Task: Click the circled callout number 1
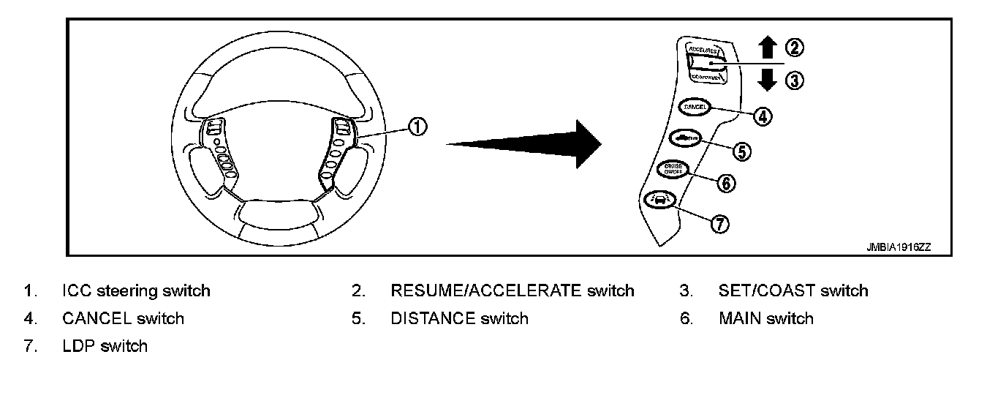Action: pos(417,127)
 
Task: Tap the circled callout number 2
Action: pos(794,48)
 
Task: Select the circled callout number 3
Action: pos(794,80)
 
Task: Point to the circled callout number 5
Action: pos(741,151)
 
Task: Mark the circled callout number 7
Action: pos(720,224)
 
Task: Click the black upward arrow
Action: pos(767,48)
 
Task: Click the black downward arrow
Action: pos(767,79)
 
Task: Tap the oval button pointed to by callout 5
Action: pos(684,137)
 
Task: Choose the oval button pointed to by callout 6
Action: pos(672,169)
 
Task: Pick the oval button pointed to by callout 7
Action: pos(654,199)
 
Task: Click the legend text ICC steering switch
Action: pos(136,290)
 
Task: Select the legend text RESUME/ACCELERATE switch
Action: pos(512,290)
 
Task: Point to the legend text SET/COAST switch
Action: pos(793,290)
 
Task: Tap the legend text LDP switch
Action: pos(105,346)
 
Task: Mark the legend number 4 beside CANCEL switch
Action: pos(28,318)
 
